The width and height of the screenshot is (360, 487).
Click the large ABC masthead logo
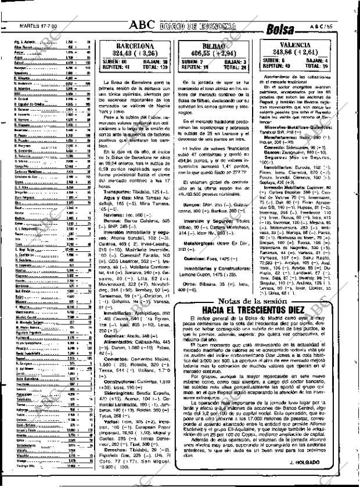tap(142, 25)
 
